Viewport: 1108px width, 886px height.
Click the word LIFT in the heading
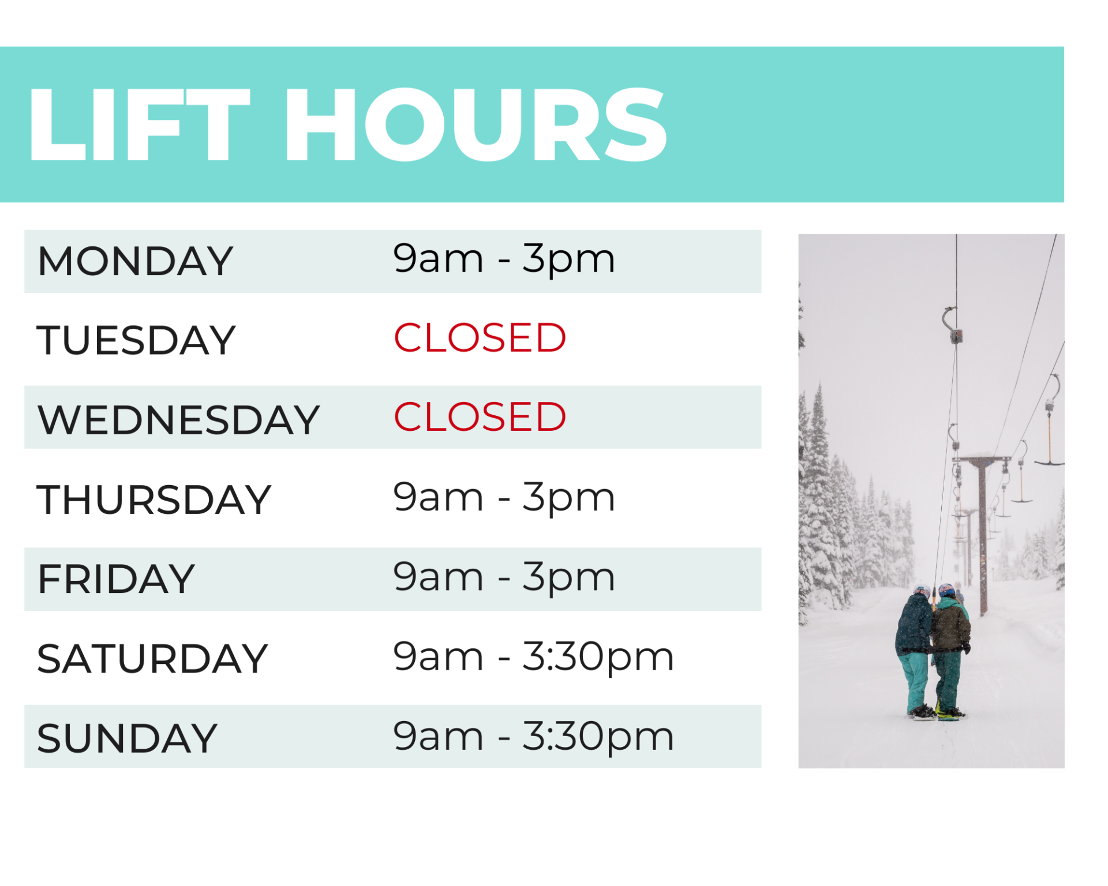[x=138, y=124]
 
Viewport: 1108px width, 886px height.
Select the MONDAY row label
[x=135, y=261]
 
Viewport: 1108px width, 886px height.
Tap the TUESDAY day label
[x=136, y=340]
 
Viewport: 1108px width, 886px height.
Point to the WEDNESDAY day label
[x=178, y=419]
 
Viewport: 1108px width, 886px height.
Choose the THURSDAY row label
[x=154, y=500]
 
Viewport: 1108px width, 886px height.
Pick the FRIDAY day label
[x=116, y=579]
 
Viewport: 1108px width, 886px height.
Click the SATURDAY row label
[x=152, y=659]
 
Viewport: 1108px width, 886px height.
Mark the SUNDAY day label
[x=127, y=738]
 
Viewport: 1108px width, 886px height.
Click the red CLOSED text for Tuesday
[x=480, y=338]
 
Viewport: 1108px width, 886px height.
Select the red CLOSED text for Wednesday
[x=480, y=417]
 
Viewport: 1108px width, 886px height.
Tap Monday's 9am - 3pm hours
[x=504, y=259]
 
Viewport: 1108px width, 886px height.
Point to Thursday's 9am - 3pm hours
[x=504, y=497]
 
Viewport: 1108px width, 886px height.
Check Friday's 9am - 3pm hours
[x=504, y=577]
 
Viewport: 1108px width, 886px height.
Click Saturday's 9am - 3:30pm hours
[x=533, y=656]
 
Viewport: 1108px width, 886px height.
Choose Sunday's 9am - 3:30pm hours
[x=533, y=736]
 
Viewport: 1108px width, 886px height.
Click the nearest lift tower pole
[x=983, y=536]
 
